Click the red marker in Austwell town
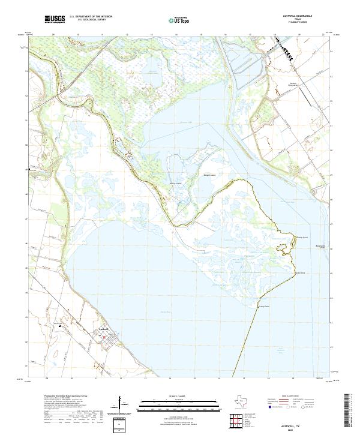click(103, 337)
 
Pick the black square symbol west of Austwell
click(60, 326)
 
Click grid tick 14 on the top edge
click(176, 35)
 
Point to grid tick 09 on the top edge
click(53, 35)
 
